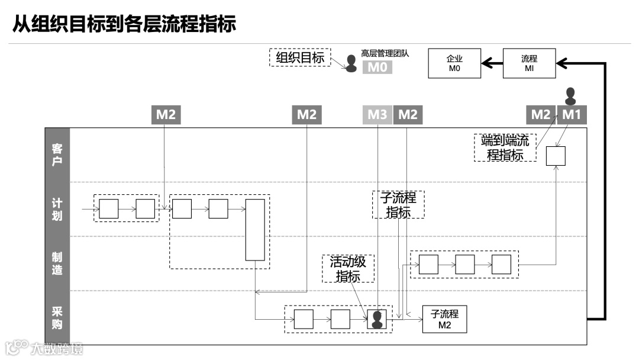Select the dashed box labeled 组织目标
tap(300, 57)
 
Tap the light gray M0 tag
tap(377, 67)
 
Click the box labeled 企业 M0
tap(454, 63)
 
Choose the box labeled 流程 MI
tap(529, 63)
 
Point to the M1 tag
tap(572, 115)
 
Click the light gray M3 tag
tap(377, 115)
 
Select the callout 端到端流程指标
tap(505, 148)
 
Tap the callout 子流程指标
tap(398, 204)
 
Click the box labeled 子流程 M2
tap(444, 320)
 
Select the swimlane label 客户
tap(57, 155)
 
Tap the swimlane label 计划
tap(57, 209)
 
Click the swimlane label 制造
tap(57, 264)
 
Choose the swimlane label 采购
tap(57, 319)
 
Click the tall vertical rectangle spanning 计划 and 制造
tap(255, 230)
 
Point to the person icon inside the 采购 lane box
tap(377, 320)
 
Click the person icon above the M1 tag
tap(570, 96)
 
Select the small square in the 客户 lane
tap(556, 156)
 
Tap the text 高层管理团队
tap(385, 53)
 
